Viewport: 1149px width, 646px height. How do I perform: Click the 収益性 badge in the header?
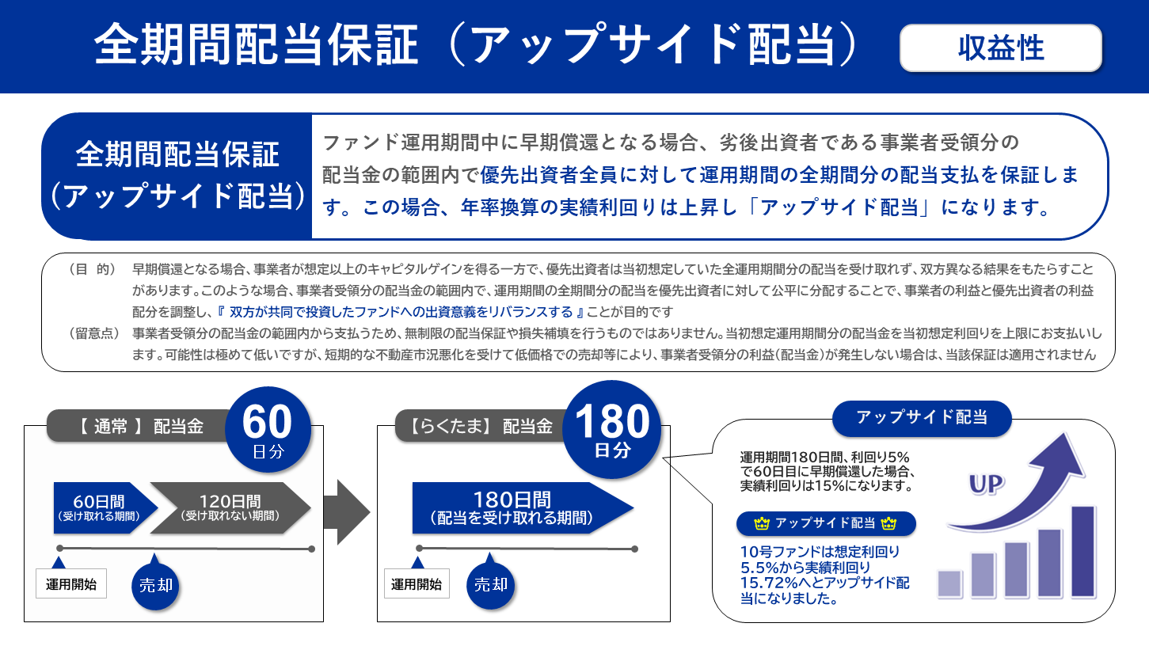(x=1000, y=48)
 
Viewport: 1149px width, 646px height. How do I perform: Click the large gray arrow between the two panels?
(x=352, y=511)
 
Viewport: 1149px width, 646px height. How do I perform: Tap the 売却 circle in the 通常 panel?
(x=155, y=587)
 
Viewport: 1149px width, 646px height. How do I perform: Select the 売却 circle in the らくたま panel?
(x=490, y=585)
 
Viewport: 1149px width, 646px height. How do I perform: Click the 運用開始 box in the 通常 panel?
(x=71, y=585)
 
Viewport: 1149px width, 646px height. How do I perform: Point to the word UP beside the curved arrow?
(x=987, y=484)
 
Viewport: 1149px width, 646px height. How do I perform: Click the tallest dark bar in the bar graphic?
(x=1082, y=549)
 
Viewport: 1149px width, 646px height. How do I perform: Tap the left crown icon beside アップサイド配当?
(x=763, y=523)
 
